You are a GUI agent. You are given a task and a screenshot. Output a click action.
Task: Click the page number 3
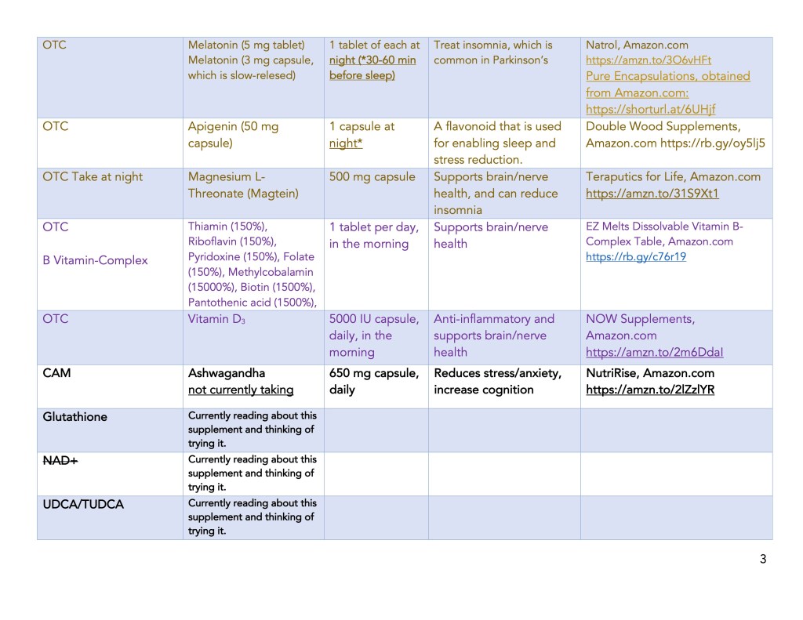tap(762, 559)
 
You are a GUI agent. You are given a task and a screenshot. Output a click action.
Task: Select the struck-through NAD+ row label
tap(60, 461)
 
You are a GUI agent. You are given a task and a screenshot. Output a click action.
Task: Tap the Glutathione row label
tap(74, 417)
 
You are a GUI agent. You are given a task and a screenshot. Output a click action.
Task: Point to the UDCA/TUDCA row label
tap(83, 505)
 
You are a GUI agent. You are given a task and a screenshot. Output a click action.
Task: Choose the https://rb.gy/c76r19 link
tap(636, 256)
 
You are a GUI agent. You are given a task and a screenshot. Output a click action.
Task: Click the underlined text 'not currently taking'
tap(241, 390)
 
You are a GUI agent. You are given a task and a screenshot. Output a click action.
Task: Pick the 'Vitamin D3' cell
tap(217, 319)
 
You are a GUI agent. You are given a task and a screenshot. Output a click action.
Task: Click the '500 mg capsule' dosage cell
tap(372, 177)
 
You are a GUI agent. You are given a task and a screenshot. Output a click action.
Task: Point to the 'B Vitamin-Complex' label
tap(95, 260)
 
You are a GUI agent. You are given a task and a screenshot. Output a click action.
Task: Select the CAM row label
tap(56, 373)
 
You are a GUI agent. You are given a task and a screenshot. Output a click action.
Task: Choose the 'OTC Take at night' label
tap(93, 177)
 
